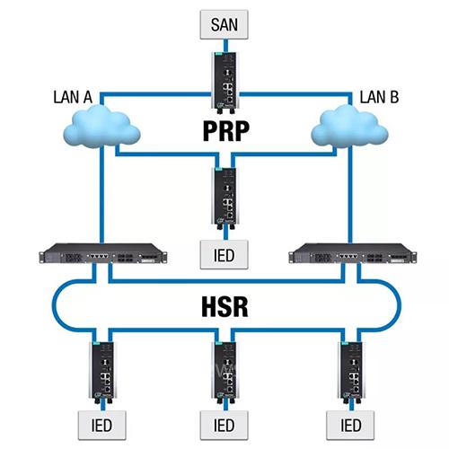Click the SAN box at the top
pyautogui.click(x=224, y=24)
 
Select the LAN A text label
pyautogui.click(x=73, y=97)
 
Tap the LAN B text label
pyautogui.click(x=379, y=97)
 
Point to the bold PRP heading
pyautogui.click(x=226, y=131)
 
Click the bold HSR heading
pyautogui.click(x=224, y=306)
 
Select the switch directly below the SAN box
pyautogui.click(x=225, y=83)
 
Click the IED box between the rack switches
pyautogui.click(x=224, y=255)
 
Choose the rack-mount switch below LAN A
pyautogui.click(x=102, y=254)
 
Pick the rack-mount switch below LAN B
pyautogui.click(x=353, y=254)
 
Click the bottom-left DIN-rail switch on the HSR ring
pyautogui.click(x=102, y=372)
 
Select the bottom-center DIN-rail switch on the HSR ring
pyautogui.click(x=225, y=372)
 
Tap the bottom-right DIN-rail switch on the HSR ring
pyautogui.click(x=352, y=372)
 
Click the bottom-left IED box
pyautogui.click(x=101, y=425)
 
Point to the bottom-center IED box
pyautogui.click(x=224, y=425)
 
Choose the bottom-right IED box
pyautogui.click(x=350, y=425)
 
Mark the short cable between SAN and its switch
pyautogui.click(x=226, y=46)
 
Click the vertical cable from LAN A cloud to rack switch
pyautogui.click(x=101, y=195)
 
